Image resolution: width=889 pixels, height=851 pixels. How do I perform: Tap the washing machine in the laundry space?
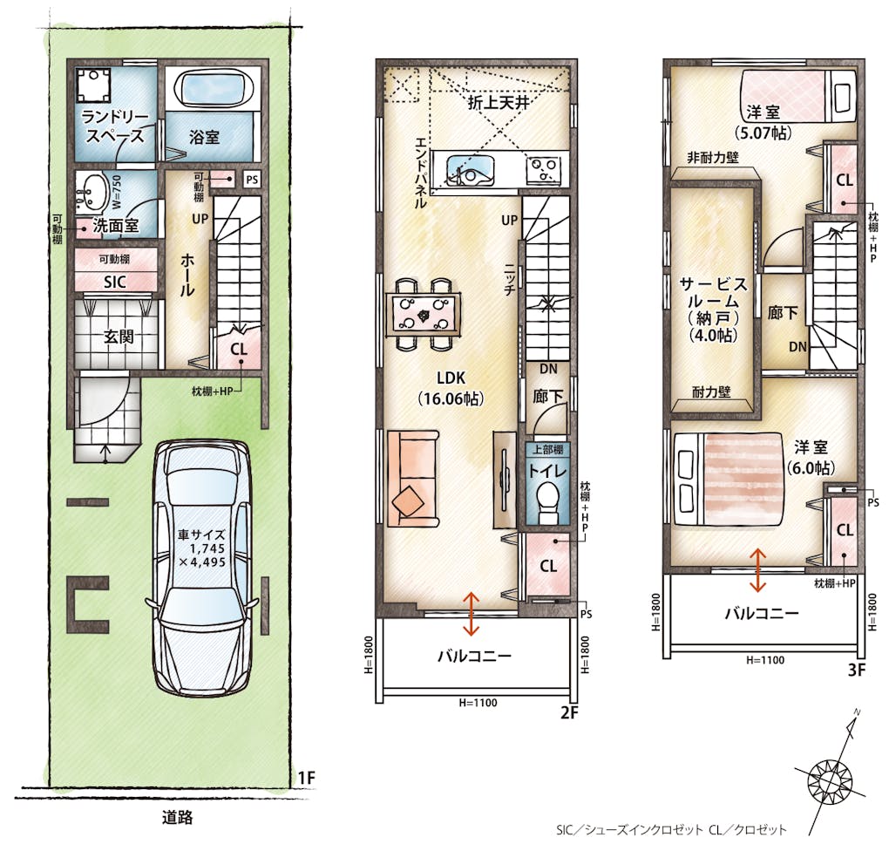(x=93, y=85)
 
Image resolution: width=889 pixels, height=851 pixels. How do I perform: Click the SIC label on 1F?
(x=114, y=282)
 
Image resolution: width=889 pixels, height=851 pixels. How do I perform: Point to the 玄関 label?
(x=118, y=337)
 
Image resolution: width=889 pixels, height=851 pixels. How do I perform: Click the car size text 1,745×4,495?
(x=202, y=548)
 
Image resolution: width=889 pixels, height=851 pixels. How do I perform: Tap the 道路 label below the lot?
(x=178, y=818)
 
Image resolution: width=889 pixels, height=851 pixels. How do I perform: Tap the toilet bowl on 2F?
(x=547, y=500)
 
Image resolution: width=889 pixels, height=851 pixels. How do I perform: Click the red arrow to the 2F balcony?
(x=472, y=614)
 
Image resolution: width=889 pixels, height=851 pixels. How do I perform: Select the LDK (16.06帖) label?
(x=451, y=388)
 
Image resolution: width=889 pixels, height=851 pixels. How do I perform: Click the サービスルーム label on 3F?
(x=714, y=292)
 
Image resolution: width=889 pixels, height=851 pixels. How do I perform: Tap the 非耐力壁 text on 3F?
(x=713, y=157)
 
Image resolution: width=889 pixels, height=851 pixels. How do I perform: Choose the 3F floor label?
(x=857, y=670)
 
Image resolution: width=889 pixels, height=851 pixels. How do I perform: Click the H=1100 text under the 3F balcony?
(x=765, y=660)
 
